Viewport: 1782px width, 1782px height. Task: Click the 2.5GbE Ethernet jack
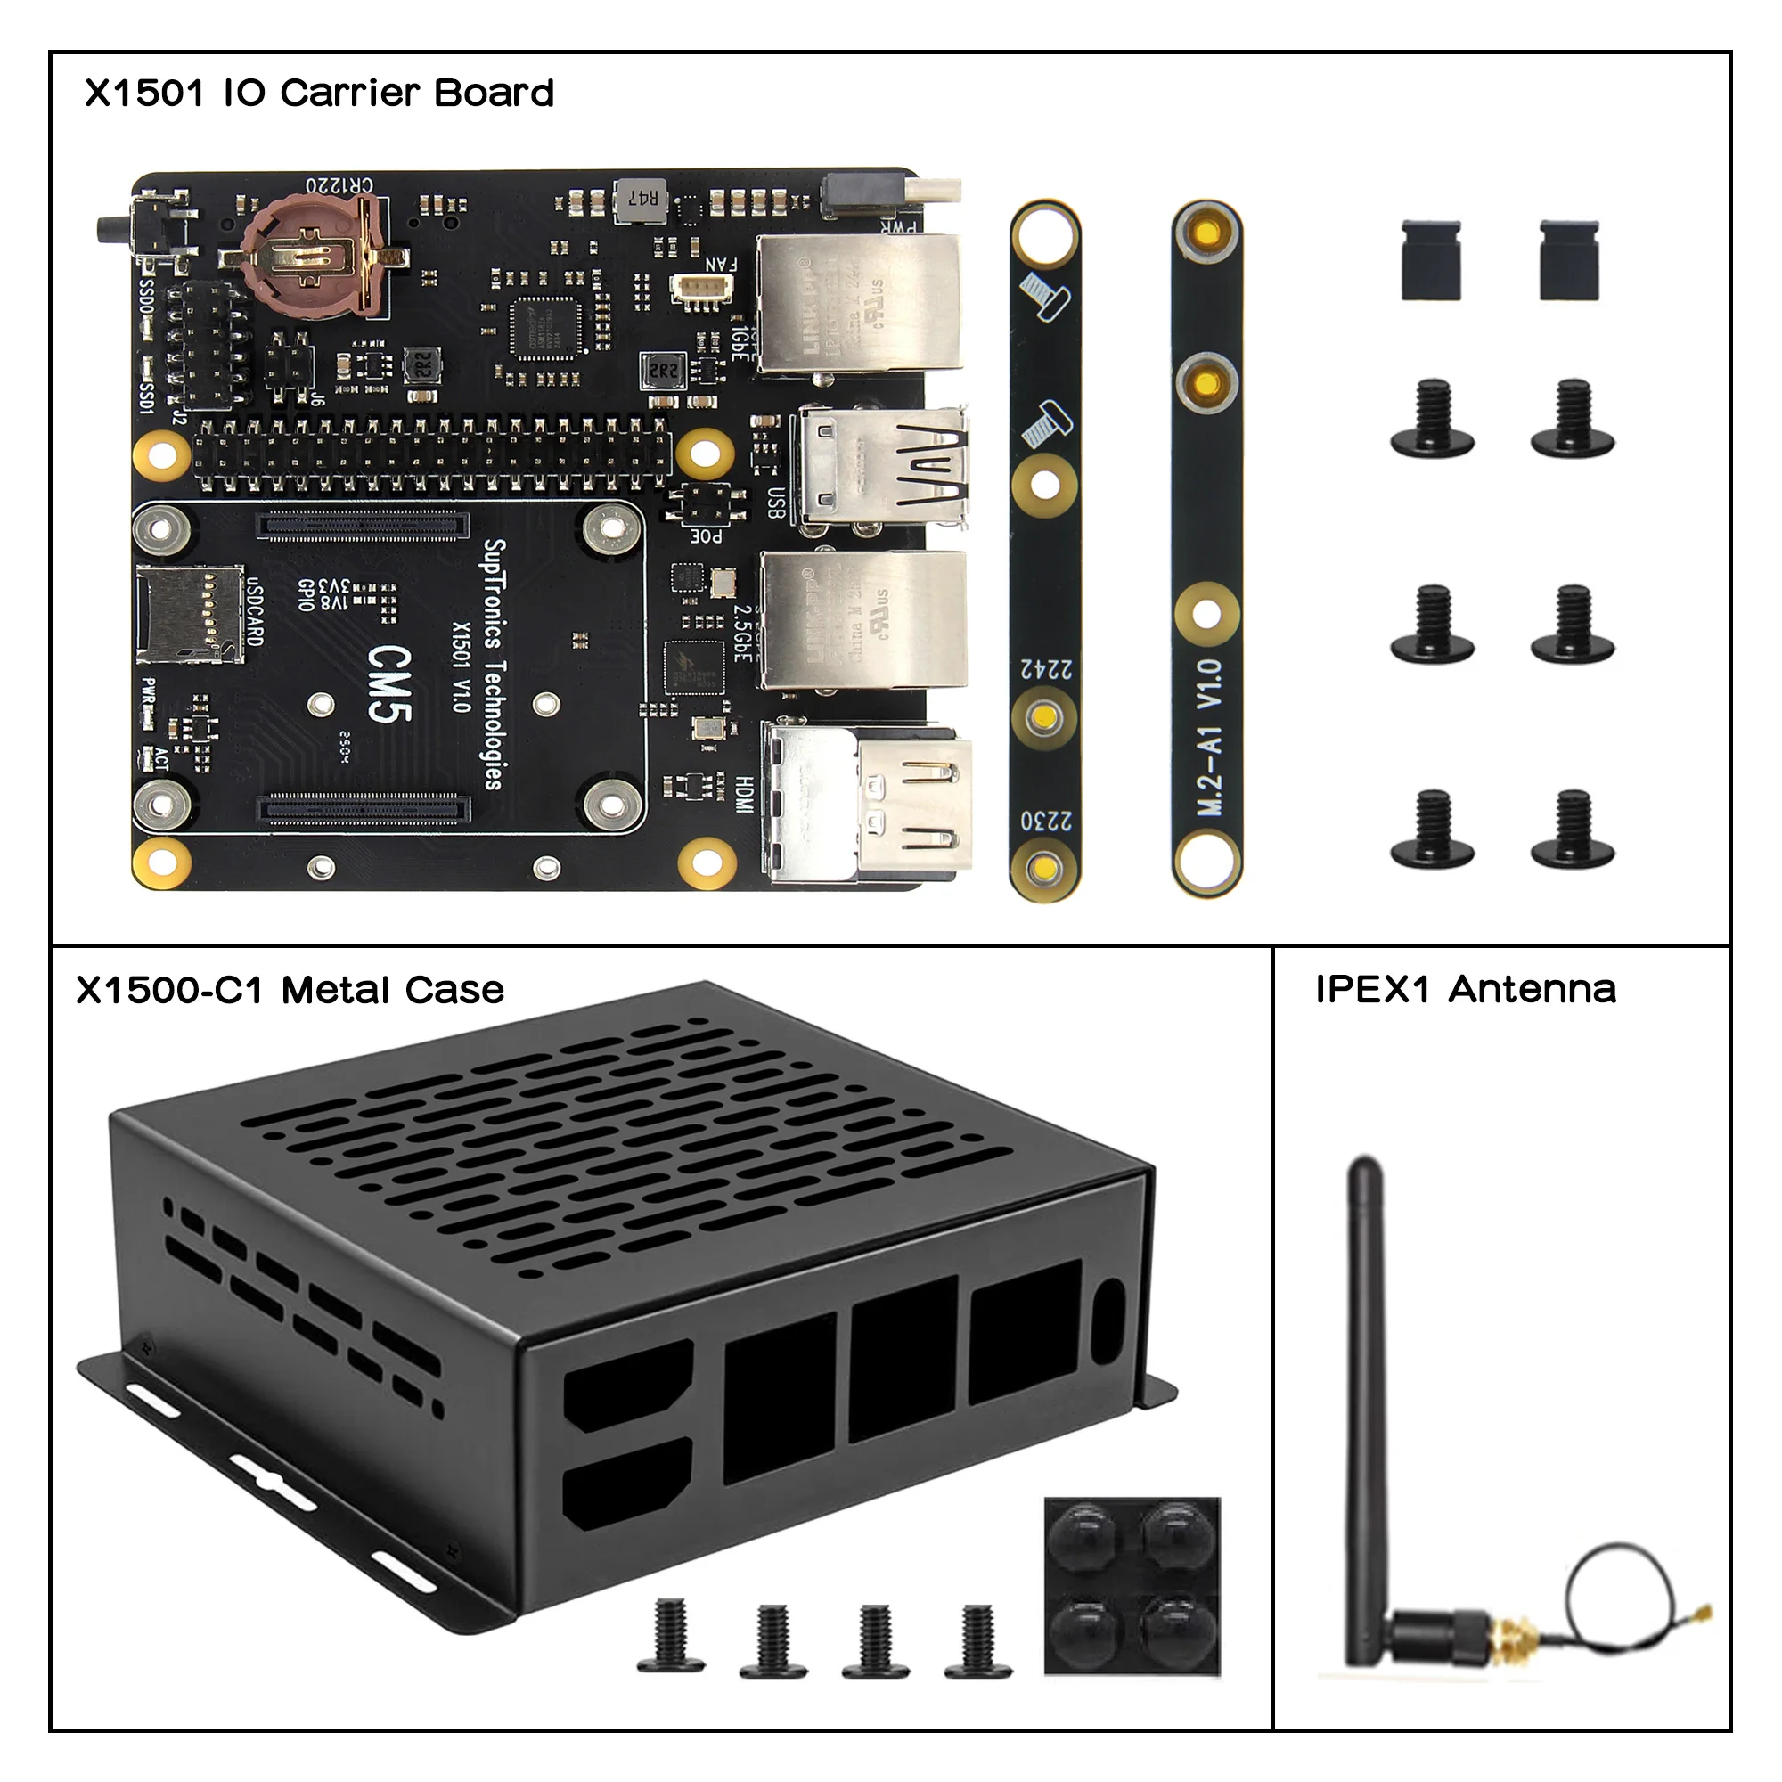click(x=862, y=620)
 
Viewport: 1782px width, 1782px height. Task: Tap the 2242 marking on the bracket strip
click(x=1046, y=667)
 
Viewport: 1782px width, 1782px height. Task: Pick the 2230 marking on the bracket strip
click(x=1046, y=819)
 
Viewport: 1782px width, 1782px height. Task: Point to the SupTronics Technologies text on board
click(x=495, y=664)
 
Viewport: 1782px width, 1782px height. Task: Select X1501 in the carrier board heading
click(x=143, y=94)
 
